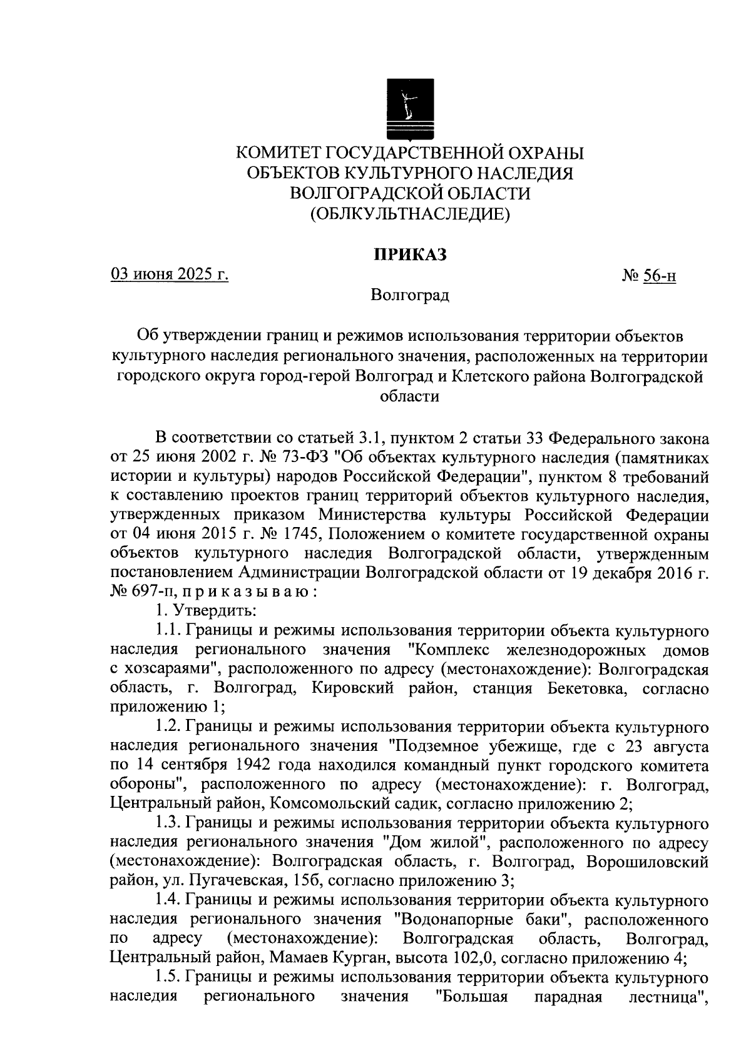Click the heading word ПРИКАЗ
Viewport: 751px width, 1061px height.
[410, 255]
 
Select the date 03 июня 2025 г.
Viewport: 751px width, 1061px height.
[170, 274]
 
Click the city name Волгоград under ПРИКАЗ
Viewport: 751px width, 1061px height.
[410, 294]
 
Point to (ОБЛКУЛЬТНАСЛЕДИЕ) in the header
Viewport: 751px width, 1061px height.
[410, 214]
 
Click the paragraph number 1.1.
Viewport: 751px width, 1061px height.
[168, 630]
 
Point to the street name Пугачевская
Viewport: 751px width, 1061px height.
[237, 882]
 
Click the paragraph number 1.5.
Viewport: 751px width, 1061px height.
[168, 978]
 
